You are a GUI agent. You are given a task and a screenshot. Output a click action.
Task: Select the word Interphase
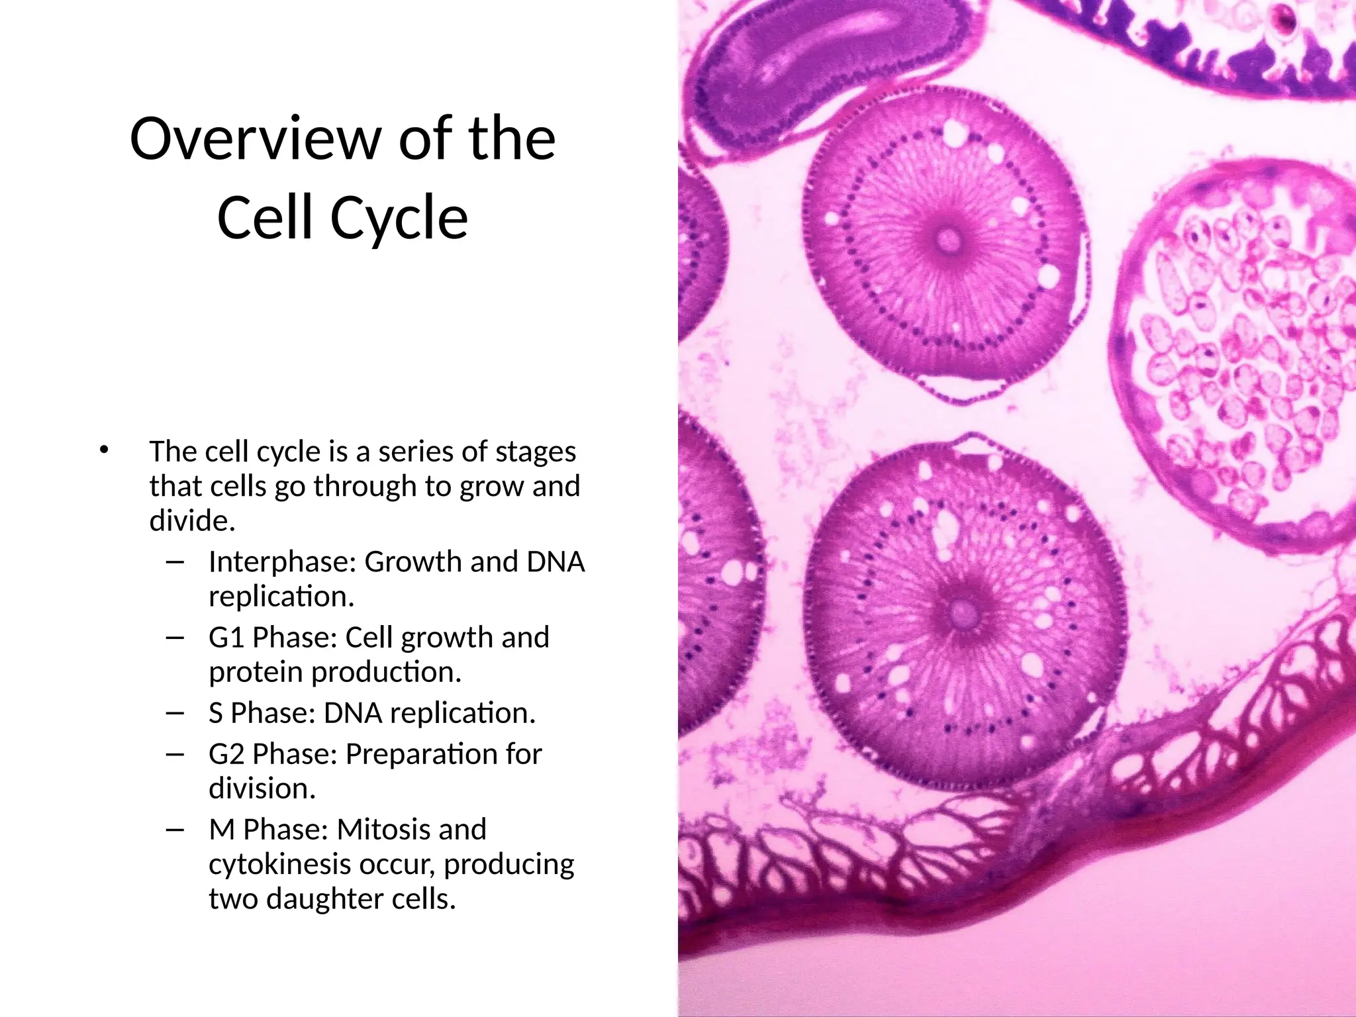point(282,562)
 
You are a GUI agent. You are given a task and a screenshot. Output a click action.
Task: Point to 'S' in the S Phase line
point(215,713)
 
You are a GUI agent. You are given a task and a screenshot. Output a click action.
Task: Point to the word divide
point(192,521)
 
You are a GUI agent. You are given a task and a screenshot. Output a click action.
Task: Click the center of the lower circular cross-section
point(962,612)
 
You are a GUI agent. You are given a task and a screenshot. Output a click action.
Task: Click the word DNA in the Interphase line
point(556,562)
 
